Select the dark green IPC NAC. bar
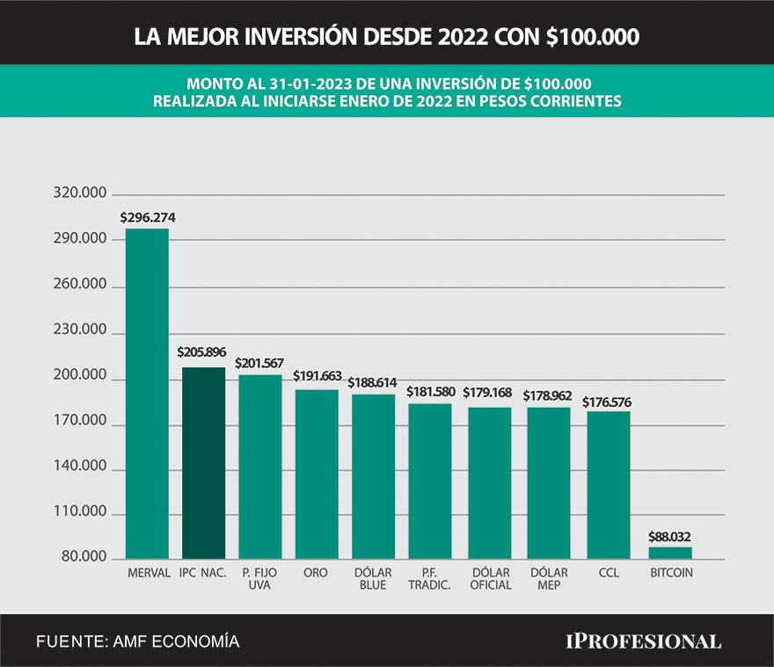[203, 462]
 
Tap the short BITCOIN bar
[670, 553]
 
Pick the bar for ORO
[316, 474]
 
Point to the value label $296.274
[148, 216]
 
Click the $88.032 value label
[671, 535]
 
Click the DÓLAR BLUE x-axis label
[373, 579]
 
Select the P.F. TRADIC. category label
[430, 579]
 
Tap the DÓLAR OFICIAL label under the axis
[490, 579]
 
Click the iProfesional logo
[642, 641]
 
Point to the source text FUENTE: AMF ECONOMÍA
[137, 642]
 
